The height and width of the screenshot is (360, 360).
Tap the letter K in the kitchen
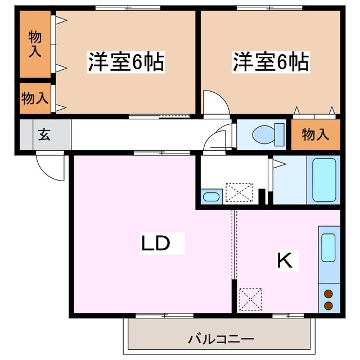(285, 260)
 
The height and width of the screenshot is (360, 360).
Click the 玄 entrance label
(43, 135)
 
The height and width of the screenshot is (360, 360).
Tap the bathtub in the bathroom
(324, 179)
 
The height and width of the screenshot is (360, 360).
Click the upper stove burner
(328, 293)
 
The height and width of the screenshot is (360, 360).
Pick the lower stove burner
(328, 305)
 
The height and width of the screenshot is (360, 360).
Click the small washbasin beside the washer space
(211, 197)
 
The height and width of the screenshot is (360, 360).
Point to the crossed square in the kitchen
(250, 299)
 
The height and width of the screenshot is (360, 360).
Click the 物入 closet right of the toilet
(316, 135)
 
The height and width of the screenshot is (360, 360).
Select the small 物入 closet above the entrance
(35, 98)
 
